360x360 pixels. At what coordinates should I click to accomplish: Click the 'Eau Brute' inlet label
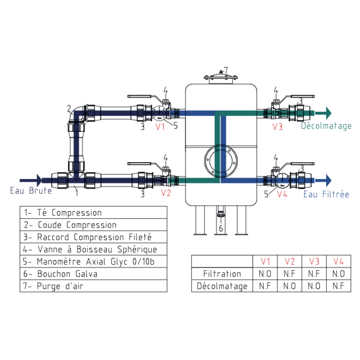[x=30, y=191]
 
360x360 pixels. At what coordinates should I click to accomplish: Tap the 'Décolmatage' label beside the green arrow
[x=326, y=126]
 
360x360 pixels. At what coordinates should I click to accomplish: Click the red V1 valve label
[x=160, y=127]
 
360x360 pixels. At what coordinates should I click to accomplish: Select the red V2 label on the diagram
[x=166, y=193]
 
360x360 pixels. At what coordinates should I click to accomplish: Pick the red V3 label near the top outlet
[x=277, y=127]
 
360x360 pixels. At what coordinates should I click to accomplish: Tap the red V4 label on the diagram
[x=282, y=194]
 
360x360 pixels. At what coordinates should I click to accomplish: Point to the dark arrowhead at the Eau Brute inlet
[x=38, y=180]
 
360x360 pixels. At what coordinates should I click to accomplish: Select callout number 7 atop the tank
[x=225, y=70]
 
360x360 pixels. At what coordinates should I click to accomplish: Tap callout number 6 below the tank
[x=220, y=228]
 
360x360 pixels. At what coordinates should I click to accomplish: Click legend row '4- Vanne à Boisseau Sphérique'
[x=93, y=249]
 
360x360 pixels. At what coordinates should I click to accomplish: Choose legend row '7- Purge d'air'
[x=93, y=286]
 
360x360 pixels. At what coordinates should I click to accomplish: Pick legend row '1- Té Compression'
[x=93, y=212]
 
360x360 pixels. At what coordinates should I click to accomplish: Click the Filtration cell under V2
[x=289, y=274]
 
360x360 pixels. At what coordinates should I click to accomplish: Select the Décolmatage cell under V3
[x=314, y=286]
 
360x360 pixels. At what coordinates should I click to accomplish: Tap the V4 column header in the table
[x=339, y=261]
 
